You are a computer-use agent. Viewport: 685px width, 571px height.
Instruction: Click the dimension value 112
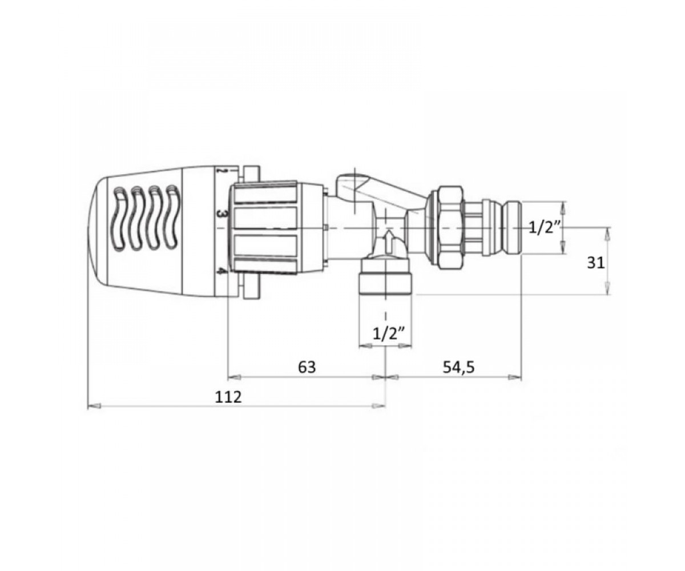tap(228, 397)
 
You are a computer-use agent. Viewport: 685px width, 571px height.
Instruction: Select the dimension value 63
tap(307, 367)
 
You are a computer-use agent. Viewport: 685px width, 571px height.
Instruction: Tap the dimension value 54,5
tap(458, 367)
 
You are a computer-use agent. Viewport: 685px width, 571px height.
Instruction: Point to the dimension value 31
tap(595, 263)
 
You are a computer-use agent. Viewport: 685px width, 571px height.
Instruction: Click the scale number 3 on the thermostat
tap(221, 214)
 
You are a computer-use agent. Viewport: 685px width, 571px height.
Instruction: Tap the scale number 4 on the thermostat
tap(222, 271)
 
